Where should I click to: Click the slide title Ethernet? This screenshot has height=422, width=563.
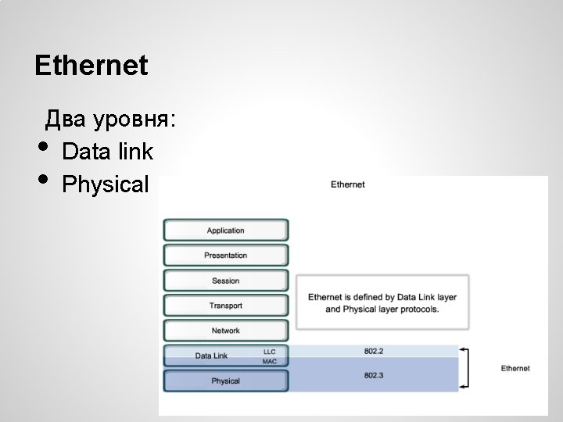[x=91, y=66]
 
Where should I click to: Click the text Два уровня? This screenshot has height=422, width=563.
[x=110, y=120]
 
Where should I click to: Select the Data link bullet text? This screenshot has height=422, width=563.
[x=107, y=152]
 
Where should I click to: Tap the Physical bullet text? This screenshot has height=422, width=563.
[x=105, y=185]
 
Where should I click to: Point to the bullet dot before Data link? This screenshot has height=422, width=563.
[x=42, y=147]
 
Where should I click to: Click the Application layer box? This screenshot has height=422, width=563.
[x=225, y=231]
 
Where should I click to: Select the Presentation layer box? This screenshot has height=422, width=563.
[x=225, y=256]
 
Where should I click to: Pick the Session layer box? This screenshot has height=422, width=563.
[x=225, y=281]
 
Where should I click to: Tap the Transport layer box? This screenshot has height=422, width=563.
[x=225, y=306]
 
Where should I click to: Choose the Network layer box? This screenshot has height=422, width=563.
[x=225, y=331]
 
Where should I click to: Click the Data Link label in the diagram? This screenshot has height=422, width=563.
[x=211, y=356]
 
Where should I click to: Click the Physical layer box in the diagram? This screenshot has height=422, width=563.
[x=225, y=381]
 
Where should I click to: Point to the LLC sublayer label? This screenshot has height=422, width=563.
[x=270, y=352]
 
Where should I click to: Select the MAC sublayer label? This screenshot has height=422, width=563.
[x=270, y=362]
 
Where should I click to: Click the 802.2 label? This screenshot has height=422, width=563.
[x=373, y=351]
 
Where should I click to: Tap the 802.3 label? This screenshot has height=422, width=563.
[x=373, y=375]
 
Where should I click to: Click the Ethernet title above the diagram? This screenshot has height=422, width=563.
[x=348, y=184]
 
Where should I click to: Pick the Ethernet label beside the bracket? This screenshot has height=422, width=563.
[x=515, y=368]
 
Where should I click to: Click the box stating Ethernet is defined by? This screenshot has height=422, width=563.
[x=382, y=302]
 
